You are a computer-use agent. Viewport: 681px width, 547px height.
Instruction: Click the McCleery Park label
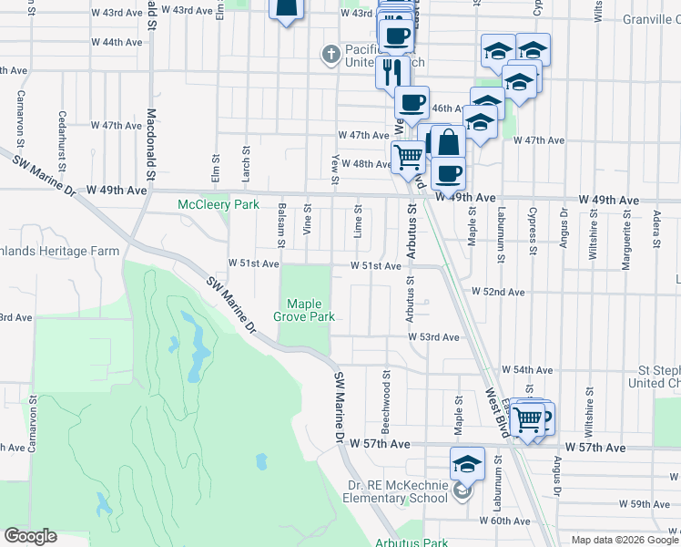pos(219,205)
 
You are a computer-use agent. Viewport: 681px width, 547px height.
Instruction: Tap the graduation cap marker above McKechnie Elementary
pos(468,465)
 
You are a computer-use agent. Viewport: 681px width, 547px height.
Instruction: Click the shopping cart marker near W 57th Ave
pos(527,420)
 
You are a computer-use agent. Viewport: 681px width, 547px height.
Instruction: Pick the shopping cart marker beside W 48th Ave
pos(409,158)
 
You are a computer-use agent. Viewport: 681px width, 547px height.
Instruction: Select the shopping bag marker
pos(449,143)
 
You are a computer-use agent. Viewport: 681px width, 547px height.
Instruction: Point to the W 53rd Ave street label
pos(433,336)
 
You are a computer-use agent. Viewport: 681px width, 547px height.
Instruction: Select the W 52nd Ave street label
pos(498,292)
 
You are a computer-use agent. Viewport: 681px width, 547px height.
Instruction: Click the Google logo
pos(30,536)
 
